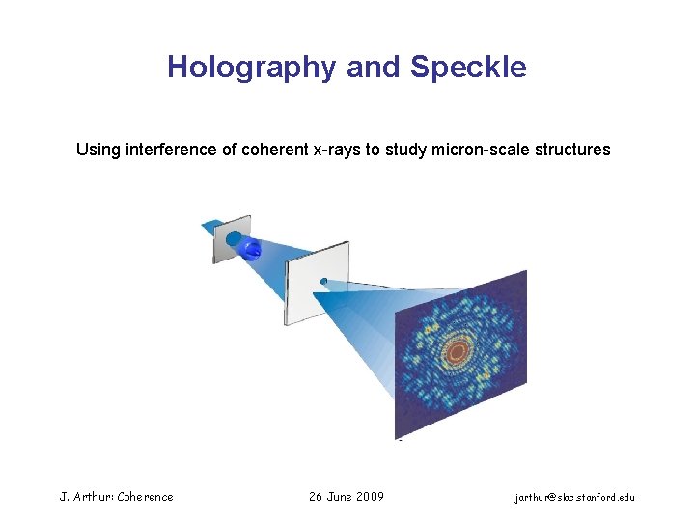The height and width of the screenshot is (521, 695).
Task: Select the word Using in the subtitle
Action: pos(98,150)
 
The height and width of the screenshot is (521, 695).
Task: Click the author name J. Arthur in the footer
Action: pos(83,497)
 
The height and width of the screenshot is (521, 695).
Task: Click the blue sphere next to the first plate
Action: pos(252,251)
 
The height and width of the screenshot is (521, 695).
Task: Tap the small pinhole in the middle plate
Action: pos(324,282)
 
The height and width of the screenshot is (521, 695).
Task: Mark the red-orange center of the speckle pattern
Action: pos(461,351)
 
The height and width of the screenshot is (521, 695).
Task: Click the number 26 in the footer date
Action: pos(315,497)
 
